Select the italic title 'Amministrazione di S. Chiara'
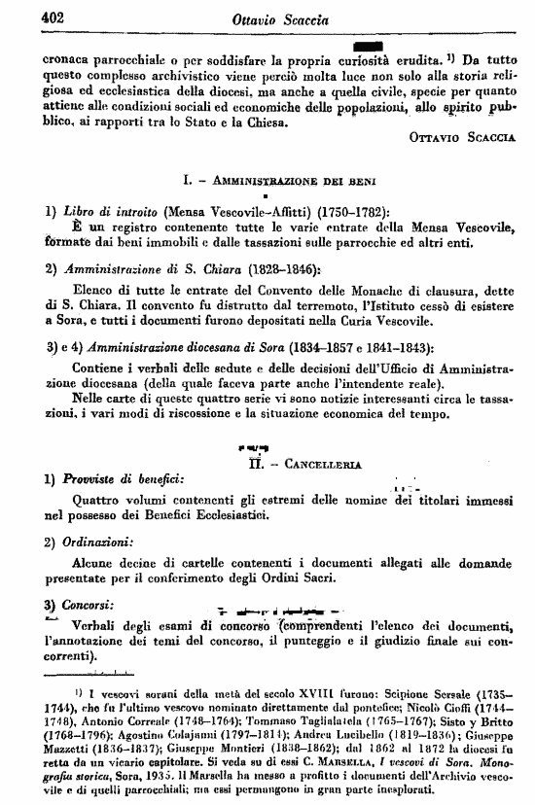click(x=132, y=268)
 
